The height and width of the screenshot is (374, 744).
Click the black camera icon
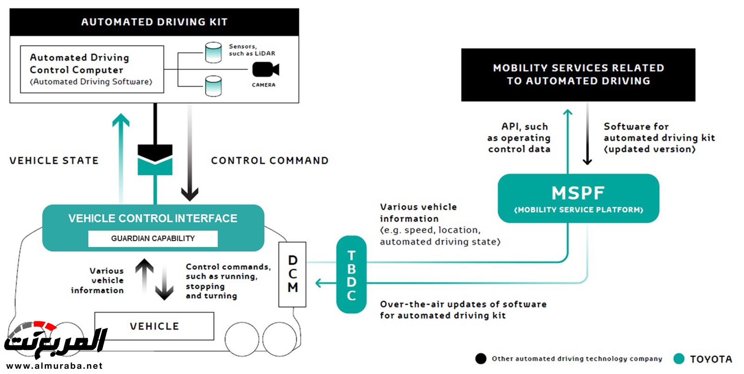[265, 70]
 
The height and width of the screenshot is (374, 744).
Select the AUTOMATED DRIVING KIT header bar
[154, 22]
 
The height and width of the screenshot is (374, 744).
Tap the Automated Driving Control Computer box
[92, 69]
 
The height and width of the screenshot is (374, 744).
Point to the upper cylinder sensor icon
[213, 53]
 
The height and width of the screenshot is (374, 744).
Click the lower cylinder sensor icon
[213, 86]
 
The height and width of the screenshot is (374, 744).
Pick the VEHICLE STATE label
[54, 160]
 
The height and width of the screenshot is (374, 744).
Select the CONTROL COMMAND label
[270, 160]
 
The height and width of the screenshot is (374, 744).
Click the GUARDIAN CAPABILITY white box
[153, 239]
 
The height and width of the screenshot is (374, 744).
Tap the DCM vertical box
[292, 274]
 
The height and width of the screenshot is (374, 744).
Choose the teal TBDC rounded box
[352, 274]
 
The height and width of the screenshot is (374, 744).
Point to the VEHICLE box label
[154, 326]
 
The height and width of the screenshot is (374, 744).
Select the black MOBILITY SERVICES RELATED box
[578, 74]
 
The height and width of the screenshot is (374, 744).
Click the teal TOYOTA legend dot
[679, 359]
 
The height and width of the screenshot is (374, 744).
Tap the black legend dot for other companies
[481, 359]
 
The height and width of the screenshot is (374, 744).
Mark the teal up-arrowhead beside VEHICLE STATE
[121, 120]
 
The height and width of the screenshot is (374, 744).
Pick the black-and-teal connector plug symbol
[155, 160]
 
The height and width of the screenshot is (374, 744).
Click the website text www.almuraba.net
[54, 366]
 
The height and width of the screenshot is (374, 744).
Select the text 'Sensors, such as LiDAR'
[252, 50]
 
